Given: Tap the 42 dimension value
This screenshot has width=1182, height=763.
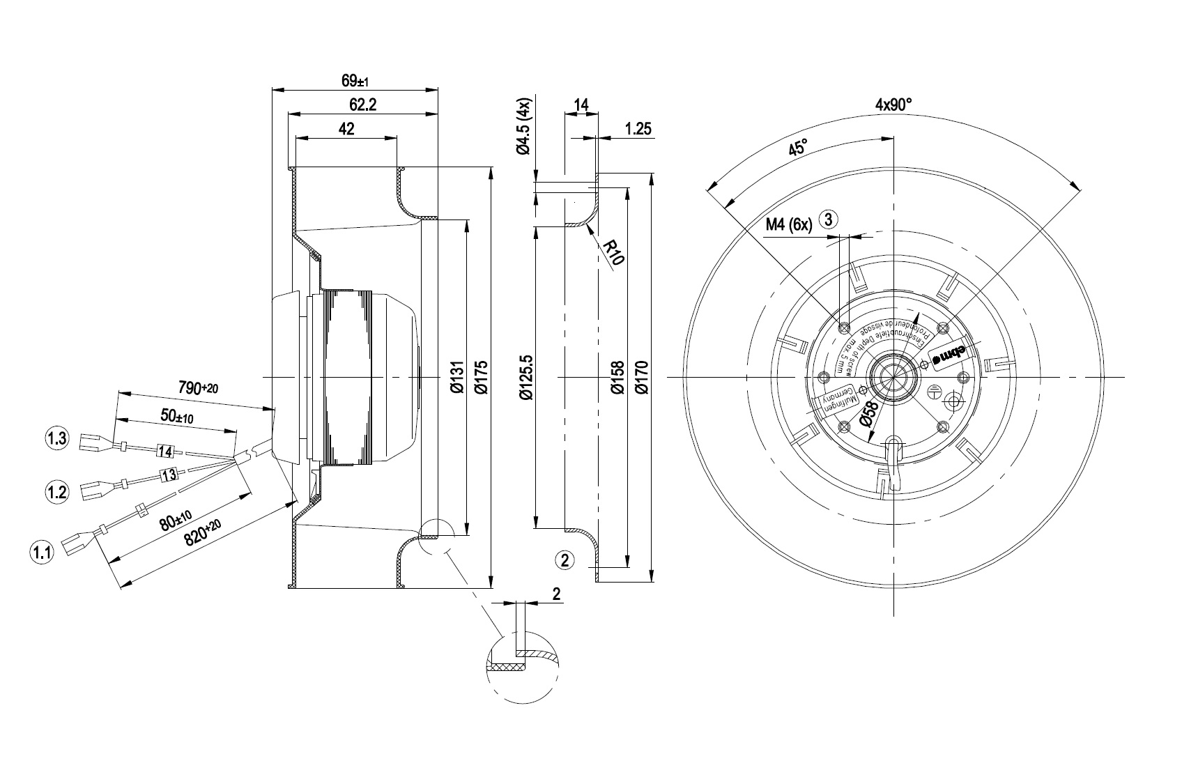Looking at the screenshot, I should point(346,129).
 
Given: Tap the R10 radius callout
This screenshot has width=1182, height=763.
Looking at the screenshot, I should point(614,252).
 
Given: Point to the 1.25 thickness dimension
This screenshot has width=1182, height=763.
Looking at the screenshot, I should point(638,129).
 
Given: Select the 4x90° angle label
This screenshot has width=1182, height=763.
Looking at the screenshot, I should point(893,105).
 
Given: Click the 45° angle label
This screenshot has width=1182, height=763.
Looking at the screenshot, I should point(797,148).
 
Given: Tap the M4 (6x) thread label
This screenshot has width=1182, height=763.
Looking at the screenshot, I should point(789,224).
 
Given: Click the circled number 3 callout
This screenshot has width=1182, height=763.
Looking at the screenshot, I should point(828,219).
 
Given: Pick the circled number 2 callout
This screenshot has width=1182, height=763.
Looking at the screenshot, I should point(565,559).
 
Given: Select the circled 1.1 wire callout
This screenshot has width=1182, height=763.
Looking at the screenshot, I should point(40,553).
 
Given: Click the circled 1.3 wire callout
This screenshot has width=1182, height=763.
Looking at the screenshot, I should point(56,438).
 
